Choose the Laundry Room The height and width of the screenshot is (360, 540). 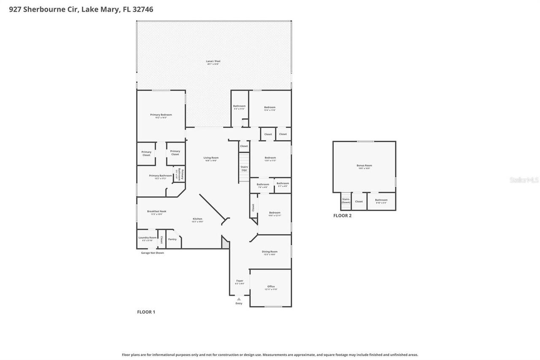pyautogui.click(x=147, y=238)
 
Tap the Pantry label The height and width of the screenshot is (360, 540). pyautogui.click(x=172, y=239)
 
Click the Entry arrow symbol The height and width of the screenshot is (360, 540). pyautogui.click(x=239, y=299)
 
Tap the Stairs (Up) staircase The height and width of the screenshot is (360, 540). pyautogui.click(x=244, y=168)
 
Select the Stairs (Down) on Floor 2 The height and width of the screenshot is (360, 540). pyautogui.click(x=346, y=201)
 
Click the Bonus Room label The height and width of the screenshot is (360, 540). pyautogui.click(x=364, y=166)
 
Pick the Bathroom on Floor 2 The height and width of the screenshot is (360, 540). pyautogui.click(x=381, y=201)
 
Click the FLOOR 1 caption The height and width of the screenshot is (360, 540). pyautogui.click(x=146, y=312)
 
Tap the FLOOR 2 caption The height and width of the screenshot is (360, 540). pyautogui.click(x=342, y=216)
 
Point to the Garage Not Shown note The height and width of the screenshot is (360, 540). pyautogui.click(x=152, y=253)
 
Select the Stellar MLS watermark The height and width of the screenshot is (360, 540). pyautogui.click(x=524, y=180)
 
